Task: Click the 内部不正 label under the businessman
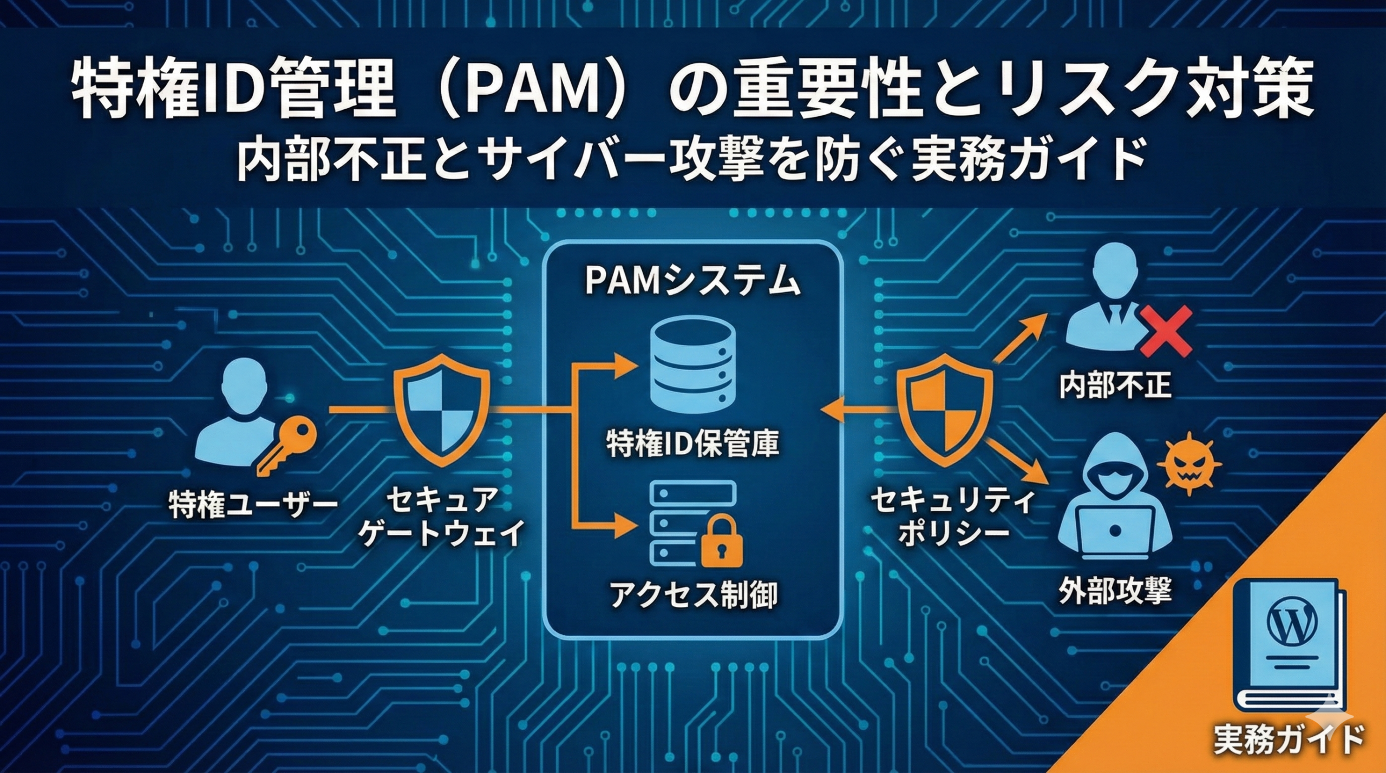(1115, 386)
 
